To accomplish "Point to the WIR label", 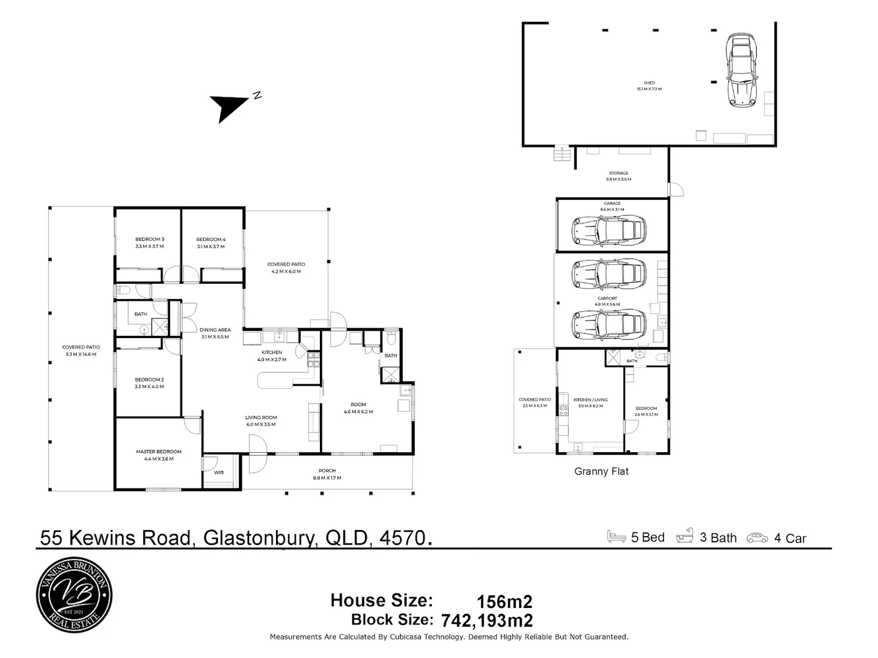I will point(219,473).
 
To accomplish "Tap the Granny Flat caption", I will point(601,471).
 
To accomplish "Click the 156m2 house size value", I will point(504,602).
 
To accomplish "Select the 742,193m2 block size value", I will point(487,621).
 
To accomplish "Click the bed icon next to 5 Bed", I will point(617,537).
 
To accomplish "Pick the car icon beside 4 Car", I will point(757,538).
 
